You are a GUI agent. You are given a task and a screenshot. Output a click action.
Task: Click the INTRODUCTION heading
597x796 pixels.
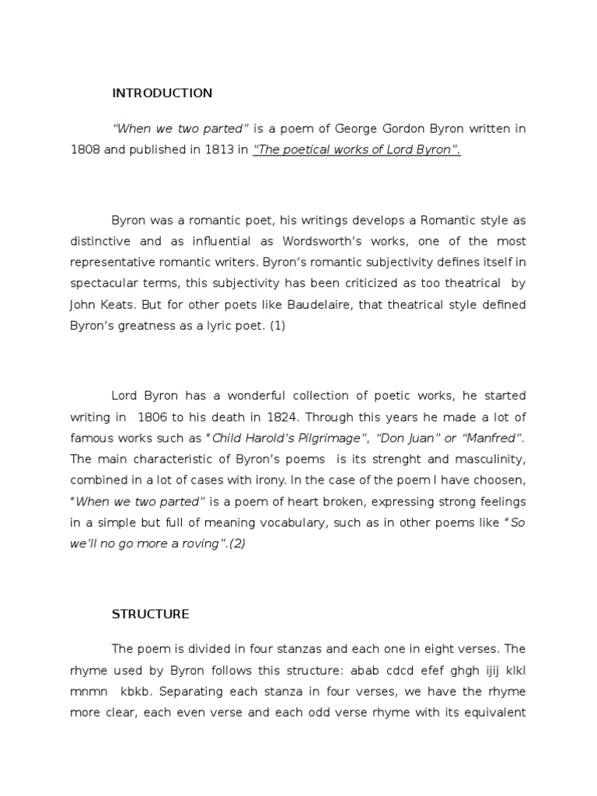(162, 93)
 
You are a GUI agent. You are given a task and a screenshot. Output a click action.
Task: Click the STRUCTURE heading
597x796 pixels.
(150, 614)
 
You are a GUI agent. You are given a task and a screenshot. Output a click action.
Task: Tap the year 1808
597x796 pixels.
(86, 151)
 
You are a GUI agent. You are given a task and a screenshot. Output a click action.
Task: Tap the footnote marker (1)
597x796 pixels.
(277, 326)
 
